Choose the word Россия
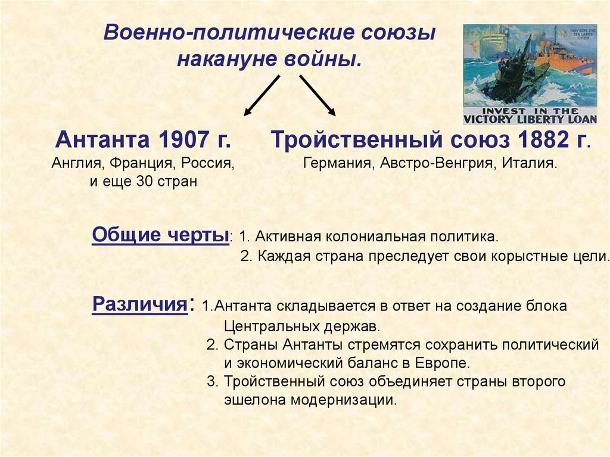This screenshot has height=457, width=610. [x=207, y=163]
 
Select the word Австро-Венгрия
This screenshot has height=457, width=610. [x=437, y=163]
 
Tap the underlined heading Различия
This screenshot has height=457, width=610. [x=139, y=304]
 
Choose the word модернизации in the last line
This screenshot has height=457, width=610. [x=343, y=400]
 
